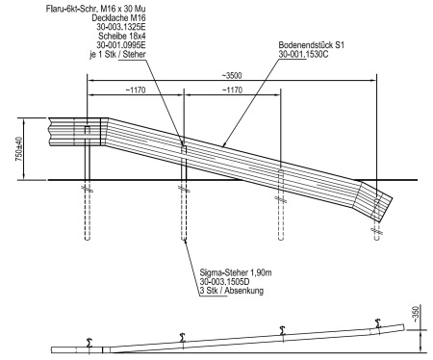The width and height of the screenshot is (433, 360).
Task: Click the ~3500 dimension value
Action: [x=232, y=76]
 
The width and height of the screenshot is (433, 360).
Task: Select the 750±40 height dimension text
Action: [x=19, y=149]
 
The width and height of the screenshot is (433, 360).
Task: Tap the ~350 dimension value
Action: [x=415, y=315]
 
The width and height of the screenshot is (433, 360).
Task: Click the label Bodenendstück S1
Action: [x=311, y=45]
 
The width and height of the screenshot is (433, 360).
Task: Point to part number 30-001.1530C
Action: [x=303, y=54]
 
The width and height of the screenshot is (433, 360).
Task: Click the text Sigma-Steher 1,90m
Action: [x=236, y=272]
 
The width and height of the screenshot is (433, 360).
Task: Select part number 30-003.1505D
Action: [x=224, y=282]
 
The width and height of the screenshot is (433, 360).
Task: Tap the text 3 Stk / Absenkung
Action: [x=232, y=291]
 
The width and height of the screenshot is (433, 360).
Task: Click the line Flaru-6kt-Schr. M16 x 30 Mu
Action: [x=96, y=9]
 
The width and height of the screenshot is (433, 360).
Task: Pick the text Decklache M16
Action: [x=118, y=17]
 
